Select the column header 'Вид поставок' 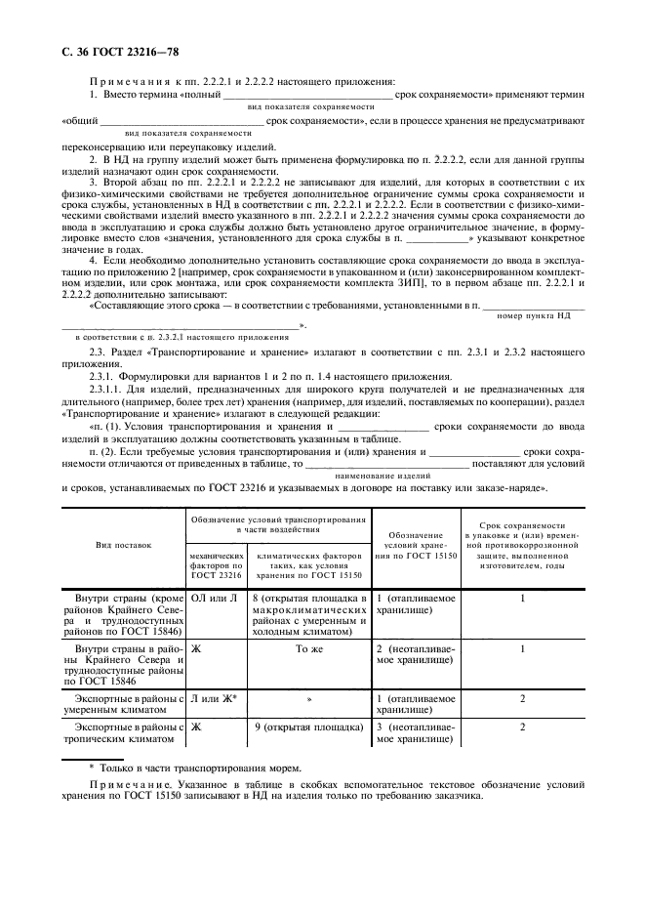coord(123,545)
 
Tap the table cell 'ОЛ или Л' coord(209,597)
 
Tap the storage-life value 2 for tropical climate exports coord(523,727)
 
